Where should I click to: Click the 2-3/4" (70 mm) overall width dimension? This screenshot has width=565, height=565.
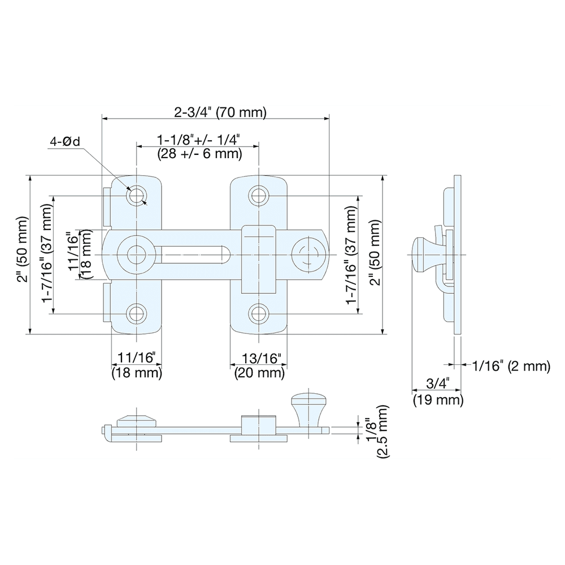coord(220,112)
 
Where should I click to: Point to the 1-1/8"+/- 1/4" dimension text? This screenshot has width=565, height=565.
coord(198,139)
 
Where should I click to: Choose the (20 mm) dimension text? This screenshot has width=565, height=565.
coord(258,372)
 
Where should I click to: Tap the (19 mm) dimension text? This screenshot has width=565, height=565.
coord(438,400)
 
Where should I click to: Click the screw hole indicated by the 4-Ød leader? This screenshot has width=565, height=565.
coord(136,195)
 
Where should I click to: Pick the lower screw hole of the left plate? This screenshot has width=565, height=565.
coord(136,314)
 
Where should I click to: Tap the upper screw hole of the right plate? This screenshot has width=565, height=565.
coord(259,195)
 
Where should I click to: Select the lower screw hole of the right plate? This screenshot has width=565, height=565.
coord(259,314)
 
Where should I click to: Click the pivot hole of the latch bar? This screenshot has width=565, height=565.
coord(135,255)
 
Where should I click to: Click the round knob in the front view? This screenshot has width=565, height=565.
coord(308,255)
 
